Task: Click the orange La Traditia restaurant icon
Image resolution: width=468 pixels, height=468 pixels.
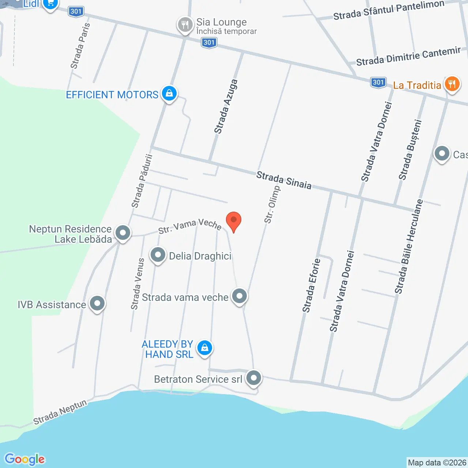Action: tap(452, 84)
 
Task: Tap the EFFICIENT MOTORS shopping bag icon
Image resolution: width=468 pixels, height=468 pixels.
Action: tap(169, 94)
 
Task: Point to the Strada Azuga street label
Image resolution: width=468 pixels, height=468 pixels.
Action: tap(226, 106)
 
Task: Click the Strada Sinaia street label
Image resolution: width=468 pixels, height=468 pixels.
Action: tap(284, 180)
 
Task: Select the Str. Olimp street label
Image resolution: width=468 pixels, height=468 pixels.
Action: tap(272, 205)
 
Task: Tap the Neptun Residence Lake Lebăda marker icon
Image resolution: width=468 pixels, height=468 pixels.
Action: tap(123, 233)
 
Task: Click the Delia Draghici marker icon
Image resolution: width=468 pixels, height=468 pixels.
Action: tap(158, 255)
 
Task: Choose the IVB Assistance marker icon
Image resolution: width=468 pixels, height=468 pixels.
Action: tap(97, 303)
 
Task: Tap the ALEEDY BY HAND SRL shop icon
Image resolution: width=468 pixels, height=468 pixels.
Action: tap(205, 348)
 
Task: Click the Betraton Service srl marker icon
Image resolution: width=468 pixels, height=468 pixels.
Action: tap(254, 378)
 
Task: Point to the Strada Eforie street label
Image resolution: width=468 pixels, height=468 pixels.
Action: tap(311, 286)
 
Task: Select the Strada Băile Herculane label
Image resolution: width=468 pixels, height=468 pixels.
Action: tap(408, 246)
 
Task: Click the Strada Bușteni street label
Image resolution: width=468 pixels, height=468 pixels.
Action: tap(410, 150)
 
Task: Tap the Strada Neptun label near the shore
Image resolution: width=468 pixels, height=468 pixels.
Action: tap(60, 412)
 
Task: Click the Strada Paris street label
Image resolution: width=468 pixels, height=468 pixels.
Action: tap(80, 46)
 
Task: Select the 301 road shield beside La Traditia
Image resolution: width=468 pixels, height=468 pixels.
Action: tap(378, 83)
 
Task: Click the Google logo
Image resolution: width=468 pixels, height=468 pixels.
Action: tap(24, 459)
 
